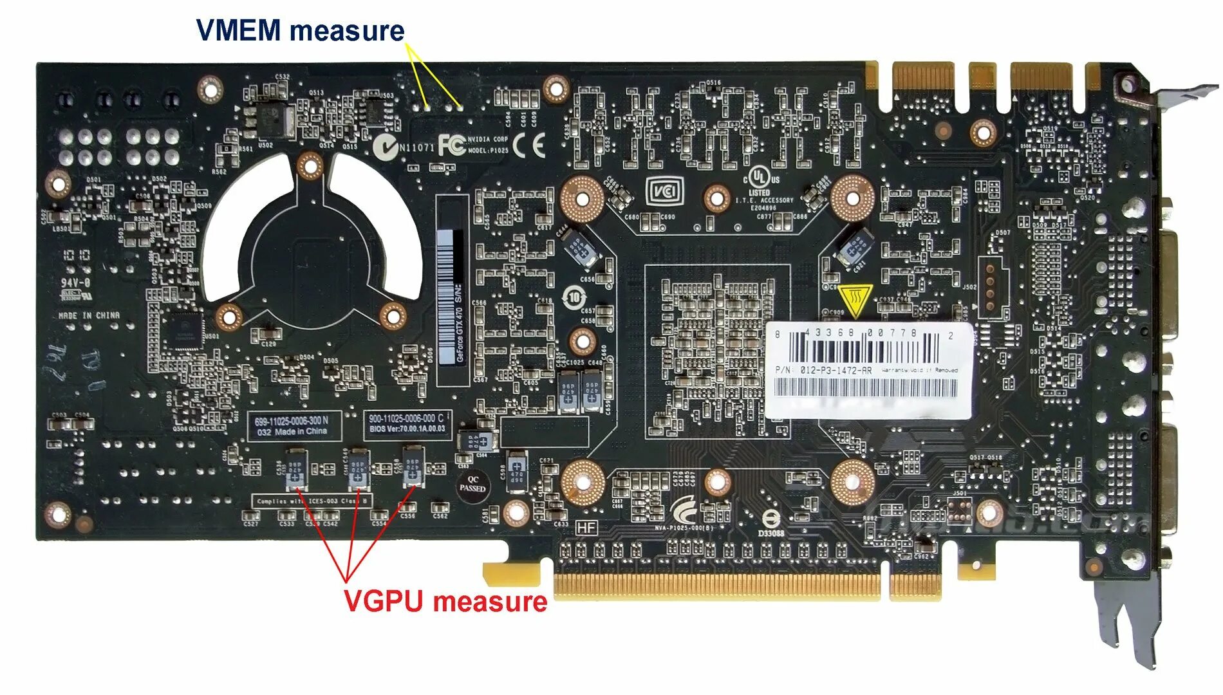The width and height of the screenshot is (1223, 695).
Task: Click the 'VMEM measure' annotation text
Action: (300, 31)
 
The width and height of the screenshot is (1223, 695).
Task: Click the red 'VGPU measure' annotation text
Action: (445, 601)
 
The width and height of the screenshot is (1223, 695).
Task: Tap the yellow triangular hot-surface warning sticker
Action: (855, 301)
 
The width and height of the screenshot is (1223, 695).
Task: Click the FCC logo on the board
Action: (451, 145)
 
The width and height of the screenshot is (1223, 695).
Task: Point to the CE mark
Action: (535, 145)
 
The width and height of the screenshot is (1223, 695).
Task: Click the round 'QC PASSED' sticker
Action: (472, 485)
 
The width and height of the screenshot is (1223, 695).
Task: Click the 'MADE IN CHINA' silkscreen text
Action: (89, 315)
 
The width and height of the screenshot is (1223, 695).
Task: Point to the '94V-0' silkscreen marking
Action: (75, 283)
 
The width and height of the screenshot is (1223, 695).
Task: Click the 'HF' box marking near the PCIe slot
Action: (586, 528)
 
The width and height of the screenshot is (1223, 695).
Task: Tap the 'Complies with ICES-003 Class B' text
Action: (312, 501)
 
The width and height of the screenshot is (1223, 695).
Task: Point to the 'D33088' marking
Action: (770, 533)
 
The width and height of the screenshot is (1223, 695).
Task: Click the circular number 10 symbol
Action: (574, 297)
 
